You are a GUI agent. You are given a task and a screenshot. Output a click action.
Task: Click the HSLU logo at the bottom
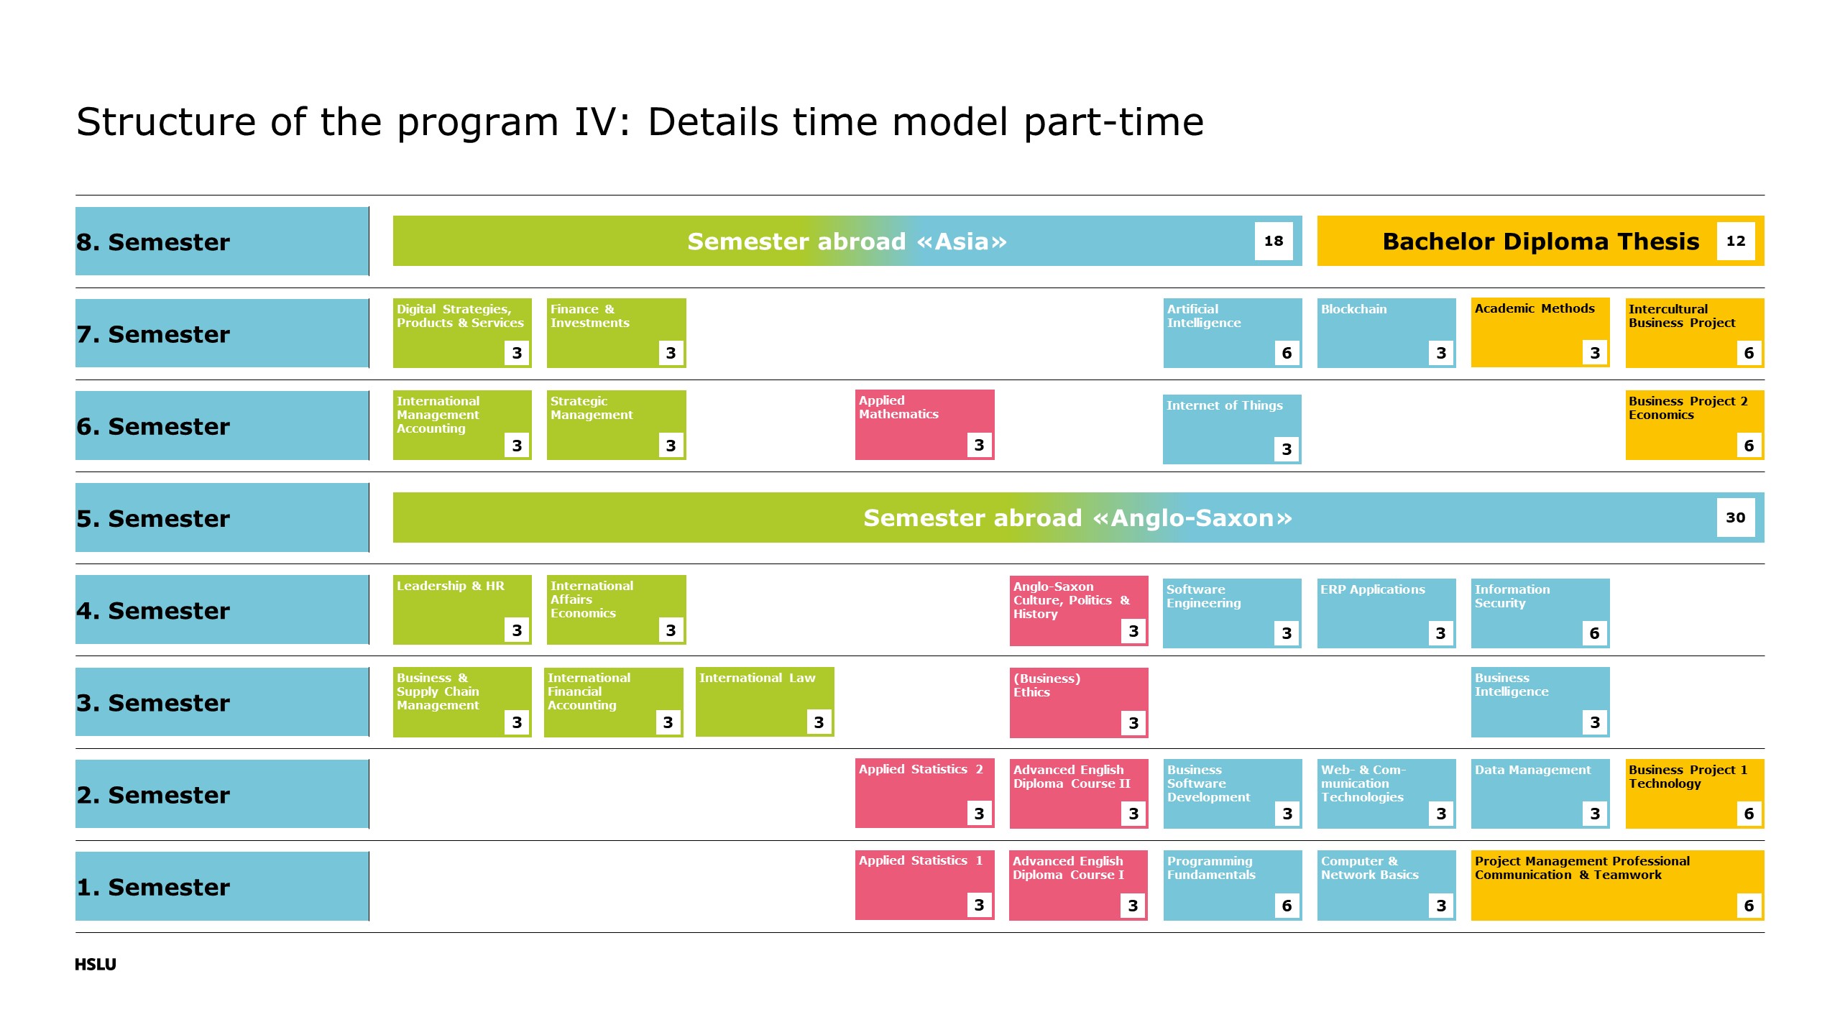[x=95, y=964]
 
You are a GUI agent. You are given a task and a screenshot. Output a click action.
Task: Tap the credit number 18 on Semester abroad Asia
[x=1273, y=241]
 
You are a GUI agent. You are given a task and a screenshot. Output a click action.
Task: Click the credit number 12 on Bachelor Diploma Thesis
[x=1735, y=241]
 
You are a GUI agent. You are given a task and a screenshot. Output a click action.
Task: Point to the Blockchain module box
[x=1386, y=333]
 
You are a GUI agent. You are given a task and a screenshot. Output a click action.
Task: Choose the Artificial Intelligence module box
[x=1232, y=333]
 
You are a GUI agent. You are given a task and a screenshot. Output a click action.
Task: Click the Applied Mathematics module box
[x=924, y=425]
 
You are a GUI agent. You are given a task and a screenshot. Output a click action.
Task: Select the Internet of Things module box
[x=1232, y=429]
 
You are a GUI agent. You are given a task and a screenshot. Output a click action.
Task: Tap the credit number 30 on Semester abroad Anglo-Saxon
[x=1735, y=517]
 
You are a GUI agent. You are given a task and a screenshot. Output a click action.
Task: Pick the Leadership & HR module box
[x=462, y=609]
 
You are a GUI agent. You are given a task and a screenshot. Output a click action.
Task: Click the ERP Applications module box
[x=1386, y=613]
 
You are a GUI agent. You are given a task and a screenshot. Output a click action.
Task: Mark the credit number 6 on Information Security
[x=1594, y=633]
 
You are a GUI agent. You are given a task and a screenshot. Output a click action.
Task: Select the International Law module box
[x=764, y=701]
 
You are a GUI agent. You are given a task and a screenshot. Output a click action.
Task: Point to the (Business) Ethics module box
[x=1078, y=702]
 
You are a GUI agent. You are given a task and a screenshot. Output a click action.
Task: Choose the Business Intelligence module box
[x=1540, y=701]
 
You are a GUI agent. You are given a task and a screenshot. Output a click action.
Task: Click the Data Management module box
[x=1540, y=793]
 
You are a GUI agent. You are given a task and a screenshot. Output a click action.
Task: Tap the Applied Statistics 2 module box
[x=924, y=793]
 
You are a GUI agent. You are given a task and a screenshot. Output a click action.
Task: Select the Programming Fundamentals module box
[x=1232, y=885]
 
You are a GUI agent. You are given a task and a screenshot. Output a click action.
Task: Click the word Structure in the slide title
[x=166, y=122]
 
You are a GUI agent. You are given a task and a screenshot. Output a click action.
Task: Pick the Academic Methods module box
[x=1540, y=333]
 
